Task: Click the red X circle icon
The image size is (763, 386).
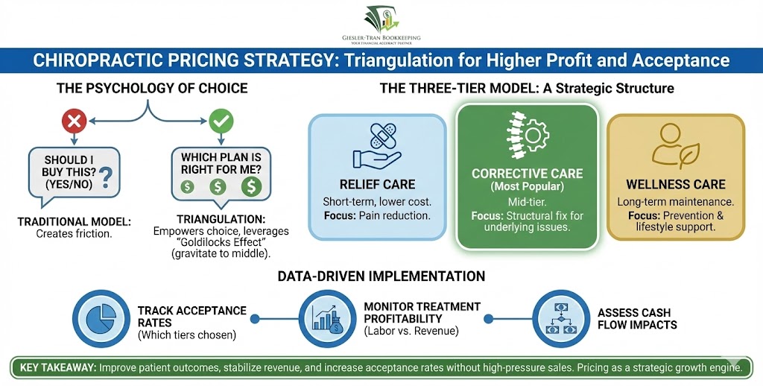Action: pyautogui.click(x=73, y=120)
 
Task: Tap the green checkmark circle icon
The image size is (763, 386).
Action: pyautogui.click(x=221, y=120)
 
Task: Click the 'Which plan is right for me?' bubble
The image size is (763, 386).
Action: pyautogui.click(x=221, y=172)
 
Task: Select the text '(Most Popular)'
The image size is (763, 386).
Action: pyautogui.click(x=527, y=186)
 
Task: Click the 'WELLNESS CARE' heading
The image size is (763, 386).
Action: pyautogui.click(x=675, y=185)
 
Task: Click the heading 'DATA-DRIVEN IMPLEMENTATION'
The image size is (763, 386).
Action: pyautogui.click(x=381, y=276)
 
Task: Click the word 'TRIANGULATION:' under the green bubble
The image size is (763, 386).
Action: pyautogui.click(x=221, y=219)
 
